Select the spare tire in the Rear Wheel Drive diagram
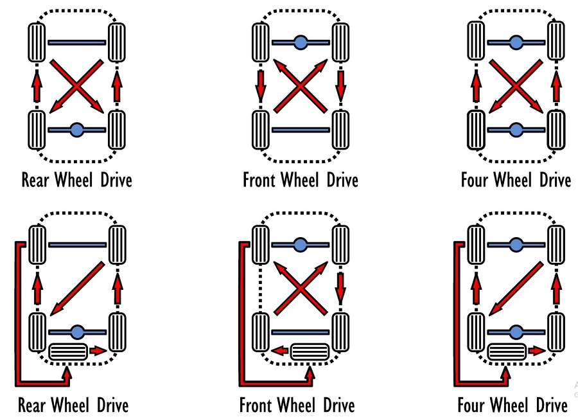pyautogui.click(x=67, y=352)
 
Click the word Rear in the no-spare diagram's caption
pyautogui.click(x=37, y=179)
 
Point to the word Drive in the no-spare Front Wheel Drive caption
pyautogui.click(x=338, y=179)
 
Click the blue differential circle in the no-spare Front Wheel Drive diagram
pyautogui.click(x=300, y=42)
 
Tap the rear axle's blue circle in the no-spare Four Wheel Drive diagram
pyautogui.click(x=515, y=130)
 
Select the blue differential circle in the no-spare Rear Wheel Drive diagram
pyautogui.click(x=76, y=130)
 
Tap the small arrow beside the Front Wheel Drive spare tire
pyautogui.click(x=277, y=351)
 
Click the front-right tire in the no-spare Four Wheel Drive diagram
pyautogui.click(x=556, y=42)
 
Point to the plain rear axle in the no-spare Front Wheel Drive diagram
pyautogui.click(x=300, y=130)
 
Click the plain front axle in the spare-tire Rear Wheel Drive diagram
pyautogui.click(x=76, y=245)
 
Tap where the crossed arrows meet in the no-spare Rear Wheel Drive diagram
pyautogui.click(x=76, y=85)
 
